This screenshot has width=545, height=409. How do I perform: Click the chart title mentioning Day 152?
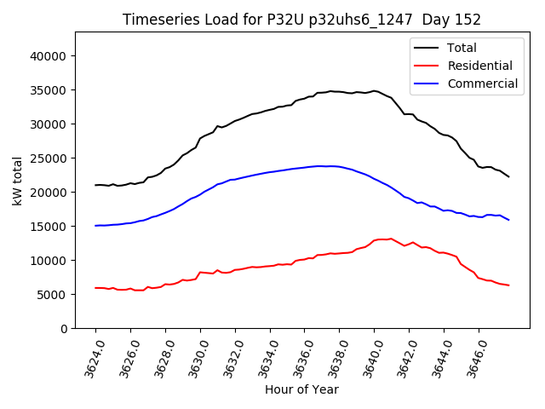[301, 20]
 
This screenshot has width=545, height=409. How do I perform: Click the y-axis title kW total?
[18, 181]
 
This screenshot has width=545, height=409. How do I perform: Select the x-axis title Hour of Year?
[301, 389]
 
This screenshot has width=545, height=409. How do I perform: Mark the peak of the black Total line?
[374, 90]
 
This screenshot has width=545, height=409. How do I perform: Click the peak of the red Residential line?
[391, 239]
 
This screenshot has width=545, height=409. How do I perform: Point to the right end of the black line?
[509, 176]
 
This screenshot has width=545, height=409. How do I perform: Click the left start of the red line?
[95, 288]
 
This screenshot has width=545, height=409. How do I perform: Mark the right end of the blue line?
[509, 220]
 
